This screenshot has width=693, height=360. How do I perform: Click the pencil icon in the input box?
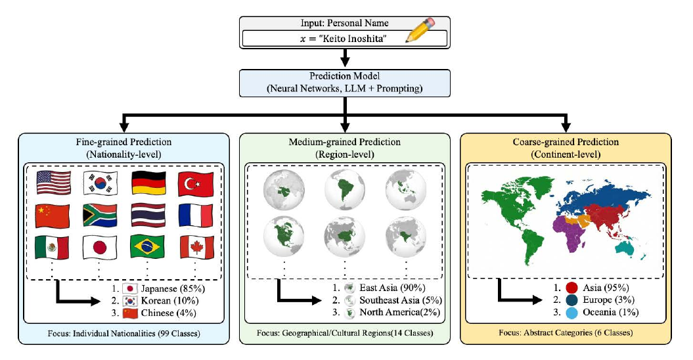coord(420,30)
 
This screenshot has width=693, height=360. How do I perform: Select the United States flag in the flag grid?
coord(53,183)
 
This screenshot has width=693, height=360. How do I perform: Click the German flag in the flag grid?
coord(148,183)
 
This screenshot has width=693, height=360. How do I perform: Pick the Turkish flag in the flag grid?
coord(196,184)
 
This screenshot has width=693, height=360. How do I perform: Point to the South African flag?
coord(100,215)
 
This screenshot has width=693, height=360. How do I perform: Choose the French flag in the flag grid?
coord(196,215)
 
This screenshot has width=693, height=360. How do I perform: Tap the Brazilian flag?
coord(148,247)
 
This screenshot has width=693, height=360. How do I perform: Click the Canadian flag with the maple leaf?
coord(196,247)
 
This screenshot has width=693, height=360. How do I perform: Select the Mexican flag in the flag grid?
coord(52,247)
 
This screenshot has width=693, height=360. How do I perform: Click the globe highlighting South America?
coord(345,189)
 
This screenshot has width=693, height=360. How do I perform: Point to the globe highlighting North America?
coord(284,236)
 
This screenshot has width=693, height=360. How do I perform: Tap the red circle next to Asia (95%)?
coord(571,288)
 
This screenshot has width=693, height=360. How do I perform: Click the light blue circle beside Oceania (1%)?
coord(571,313)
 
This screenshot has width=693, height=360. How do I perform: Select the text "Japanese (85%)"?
coord(173,289)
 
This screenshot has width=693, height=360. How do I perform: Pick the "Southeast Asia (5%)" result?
coord(401,300)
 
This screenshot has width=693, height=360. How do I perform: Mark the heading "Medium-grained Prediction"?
coord(345,142)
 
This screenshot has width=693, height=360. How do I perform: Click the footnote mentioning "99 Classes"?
coord(123,334)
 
